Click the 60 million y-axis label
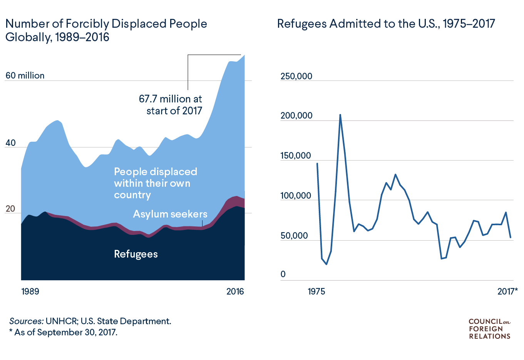(25, 75)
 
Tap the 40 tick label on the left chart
(10, 143)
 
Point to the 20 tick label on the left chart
(10, 209)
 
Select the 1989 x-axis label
(30, 291)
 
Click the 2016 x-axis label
(235, 291)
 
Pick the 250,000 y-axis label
(296, 76)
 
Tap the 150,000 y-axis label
(296, 156)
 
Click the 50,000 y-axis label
(294, 236)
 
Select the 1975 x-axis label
(316, 291)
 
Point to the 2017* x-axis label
(507, 291)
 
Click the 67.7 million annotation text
(170, 105)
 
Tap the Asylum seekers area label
(170, 214)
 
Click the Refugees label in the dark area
(136, 254)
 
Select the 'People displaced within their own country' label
(156, 183)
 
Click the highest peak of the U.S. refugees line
(340, 115)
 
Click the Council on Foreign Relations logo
(490, 329)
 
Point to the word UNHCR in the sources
(62, 321)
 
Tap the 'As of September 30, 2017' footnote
(64, 332)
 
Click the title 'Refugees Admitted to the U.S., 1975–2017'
(386, 24)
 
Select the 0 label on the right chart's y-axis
(283, 274)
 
